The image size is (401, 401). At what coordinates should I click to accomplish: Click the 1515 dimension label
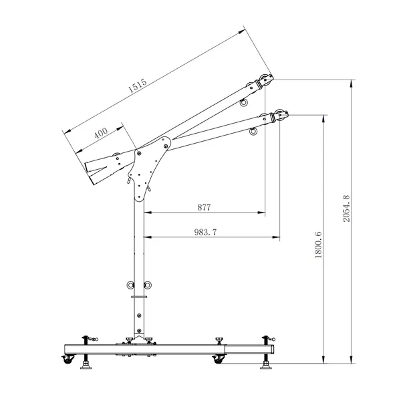137,86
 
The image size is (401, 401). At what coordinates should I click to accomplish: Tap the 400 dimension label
101,133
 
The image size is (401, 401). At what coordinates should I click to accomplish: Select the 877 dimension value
204,207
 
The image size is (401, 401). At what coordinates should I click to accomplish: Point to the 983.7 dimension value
205,232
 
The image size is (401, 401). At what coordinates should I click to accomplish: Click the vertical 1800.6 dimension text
318,245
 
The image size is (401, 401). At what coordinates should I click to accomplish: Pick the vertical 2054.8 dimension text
346,209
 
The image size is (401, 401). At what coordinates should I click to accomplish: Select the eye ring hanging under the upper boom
244,102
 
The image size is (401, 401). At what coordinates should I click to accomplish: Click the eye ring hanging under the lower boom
253,132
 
